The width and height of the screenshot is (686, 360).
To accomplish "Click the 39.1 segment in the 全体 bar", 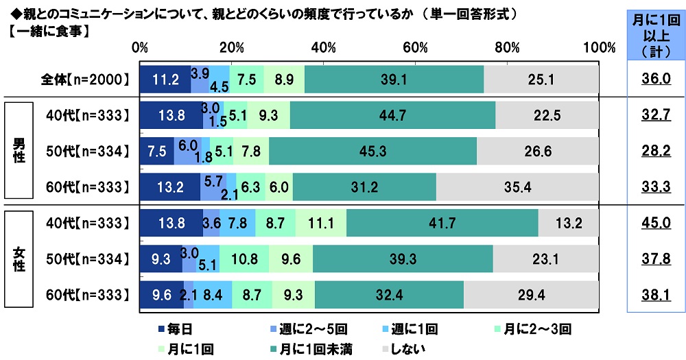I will coord(394,80).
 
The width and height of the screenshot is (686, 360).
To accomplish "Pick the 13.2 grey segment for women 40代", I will coord(568,223).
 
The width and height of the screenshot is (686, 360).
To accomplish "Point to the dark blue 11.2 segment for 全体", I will coord(165,80).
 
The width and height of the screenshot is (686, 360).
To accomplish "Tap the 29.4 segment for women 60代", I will coord(530,295).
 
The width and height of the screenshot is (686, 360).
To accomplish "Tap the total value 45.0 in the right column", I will coord(655,223).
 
